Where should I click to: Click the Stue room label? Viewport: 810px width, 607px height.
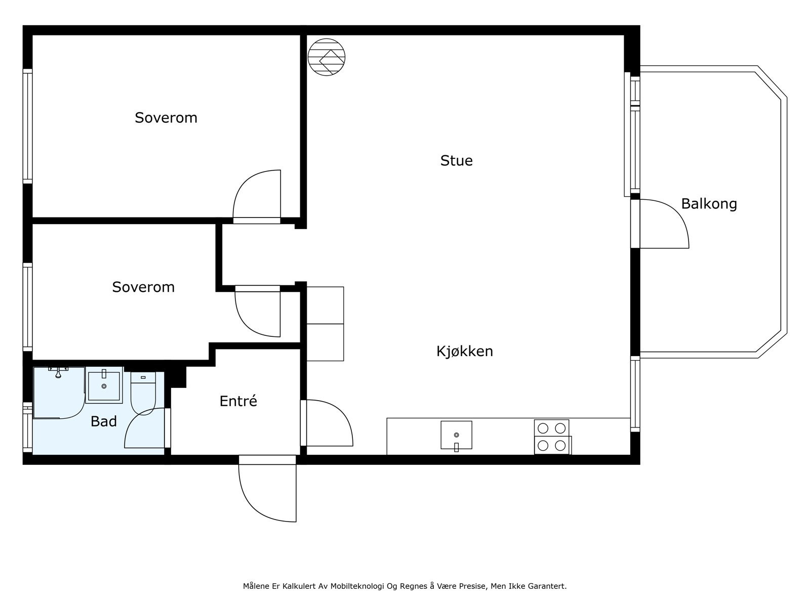pyautogui.click(x=456, y=161)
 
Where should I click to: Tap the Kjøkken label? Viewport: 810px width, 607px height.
pyautogui.click(x=465, y=352)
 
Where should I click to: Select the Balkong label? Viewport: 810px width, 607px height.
pyautogui.click(x=709, y=204)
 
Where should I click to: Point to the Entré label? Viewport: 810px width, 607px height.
pyautogui.click(x=238, y=401)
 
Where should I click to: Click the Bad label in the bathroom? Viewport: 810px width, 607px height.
pyautogui.click(x=104, y=421)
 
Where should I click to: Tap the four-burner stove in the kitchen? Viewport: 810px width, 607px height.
pyautogui.click(x=552, y=437)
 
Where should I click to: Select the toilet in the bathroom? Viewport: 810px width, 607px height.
pyautogui.click(x=143, y=393)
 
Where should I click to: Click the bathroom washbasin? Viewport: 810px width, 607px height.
pyautogui.click(x=104, y=385)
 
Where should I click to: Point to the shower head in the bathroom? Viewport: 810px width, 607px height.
pyautogui.click(x=58, y=373)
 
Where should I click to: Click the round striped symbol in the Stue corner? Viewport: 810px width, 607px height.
pyautogui.click(x=327, y=57)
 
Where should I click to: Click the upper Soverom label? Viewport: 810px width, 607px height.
pyautogui.click(x=166, y=118)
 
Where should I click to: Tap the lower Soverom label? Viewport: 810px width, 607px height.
pyautogui.click(x=143, y=287)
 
